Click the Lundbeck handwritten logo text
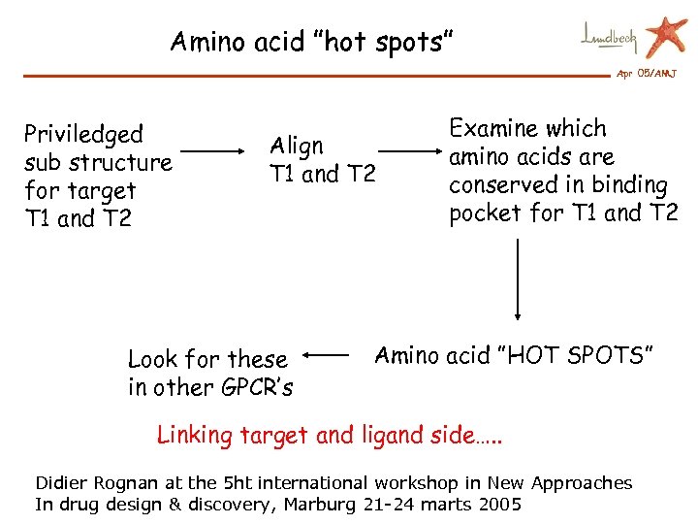[610, 38]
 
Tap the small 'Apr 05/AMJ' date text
[647, 75]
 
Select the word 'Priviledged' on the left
[83, 134]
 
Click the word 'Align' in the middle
[297, 146]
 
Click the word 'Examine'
[493, 129]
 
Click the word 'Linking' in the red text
[195, 435]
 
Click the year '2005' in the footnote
[500, 504]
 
